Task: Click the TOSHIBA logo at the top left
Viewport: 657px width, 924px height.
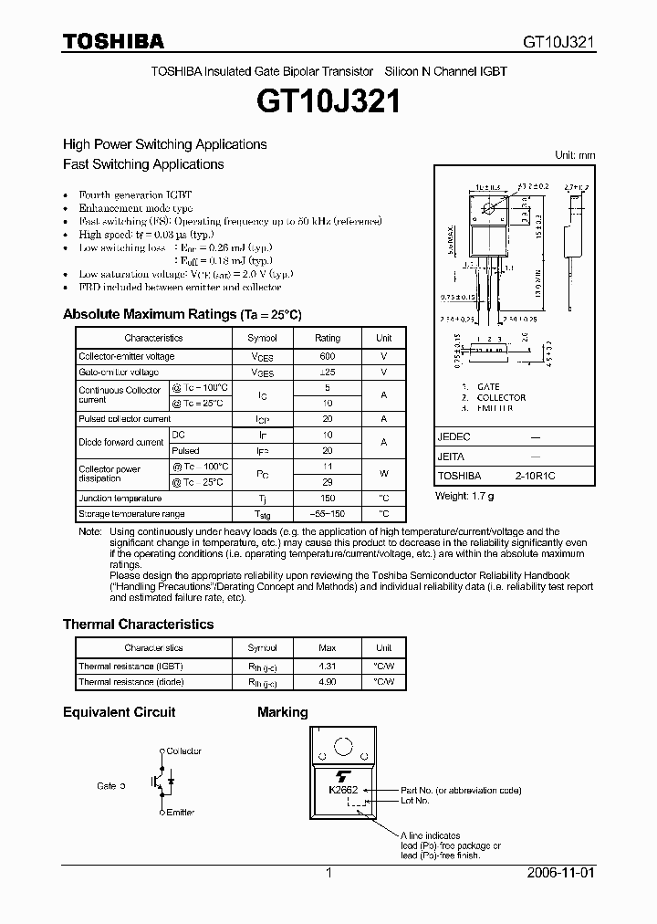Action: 113,41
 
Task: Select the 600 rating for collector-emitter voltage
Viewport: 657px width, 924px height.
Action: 328,356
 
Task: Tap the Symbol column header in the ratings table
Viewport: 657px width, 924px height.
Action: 263,338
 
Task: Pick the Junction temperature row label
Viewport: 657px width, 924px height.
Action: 120,499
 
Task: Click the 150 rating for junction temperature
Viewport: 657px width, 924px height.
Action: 328,499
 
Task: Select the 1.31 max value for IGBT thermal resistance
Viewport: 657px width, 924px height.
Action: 328,667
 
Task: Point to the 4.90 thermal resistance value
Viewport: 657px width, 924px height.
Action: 328,682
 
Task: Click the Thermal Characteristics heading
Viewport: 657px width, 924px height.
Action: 138,625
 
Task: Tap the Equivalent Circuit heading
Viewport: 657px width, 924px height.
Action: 119,712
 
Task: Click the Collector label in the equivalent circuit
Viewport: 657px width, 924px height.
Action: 184,751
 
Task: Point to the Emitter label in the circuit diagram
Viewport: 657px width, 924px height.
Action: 181,812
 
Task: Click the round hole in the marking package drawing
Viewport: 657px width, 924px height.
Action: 344,747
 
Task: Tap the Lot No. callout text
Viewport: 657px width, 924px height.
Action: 414,801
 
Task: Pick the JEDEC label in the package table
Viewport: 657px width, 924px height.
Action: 454,437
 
